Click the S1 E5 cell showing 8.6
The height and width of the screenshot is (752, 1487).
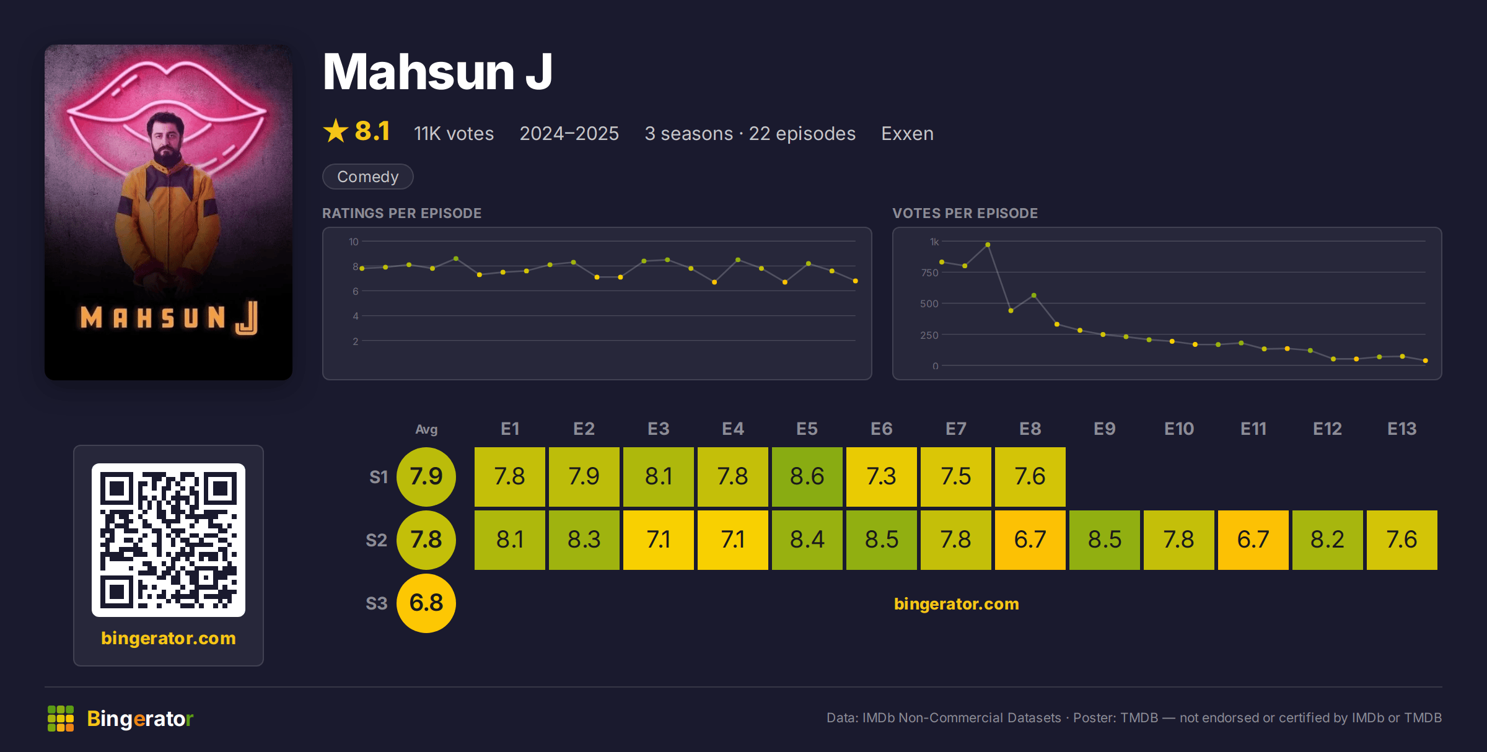[807, 476]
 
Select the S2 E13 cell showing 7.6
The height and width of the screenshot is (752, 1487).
[1401, 540]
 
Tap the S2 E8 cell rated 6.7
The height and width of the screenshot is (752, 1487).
[1030, 540]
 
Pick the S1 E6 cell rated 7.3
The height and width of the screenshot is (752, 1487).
[881, 476]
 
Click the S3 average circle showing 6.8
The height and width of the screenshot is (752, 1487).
[426, 603]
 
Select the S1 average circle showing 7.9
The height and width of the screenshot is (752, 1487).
[426, 476]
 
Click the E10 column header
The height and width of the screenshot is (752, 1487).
[1178, 429]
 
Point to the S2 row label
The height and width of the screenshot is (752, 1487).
[377, 540]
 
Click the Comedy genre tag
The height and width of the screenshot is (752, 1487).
[368, 177]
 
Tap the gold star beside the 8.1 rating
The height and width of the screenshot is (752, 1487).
[336, 131]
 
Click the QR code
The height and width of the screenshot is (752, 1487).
[169, 540]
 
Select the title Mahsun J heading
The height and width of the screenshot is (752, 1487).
[437, 72]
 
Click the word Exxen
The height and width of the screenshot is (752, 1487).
[907, 133]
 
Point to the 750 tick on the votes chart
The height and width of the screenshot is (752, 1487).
[929, 273]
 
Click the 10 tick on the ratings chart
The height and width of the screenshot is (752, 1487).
[353, 242]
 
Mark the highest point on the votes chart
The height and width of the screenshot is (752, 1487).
[988, 245]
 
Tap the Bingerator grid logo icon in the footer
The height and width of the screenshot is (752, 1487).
[61, 719]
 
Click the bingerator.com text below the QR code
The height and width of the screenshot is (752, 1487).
[169, 638]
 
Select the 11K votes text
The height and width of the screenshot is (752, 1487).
[454, 133]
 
